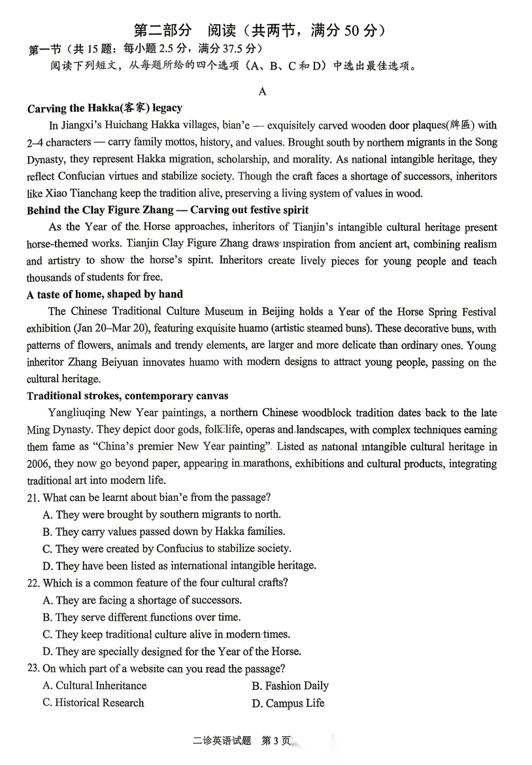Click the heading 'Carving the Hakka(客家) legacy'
105,108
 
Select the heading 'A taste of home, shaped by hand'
105,295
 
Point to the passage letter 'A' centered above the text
262,91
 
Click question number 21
33,498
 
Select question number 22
33,583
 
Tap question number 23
33,668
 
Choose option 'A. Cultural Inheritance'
94,686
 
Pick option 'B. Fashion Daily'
290,686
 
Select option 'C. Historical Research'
93,703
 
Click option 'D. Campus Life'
288,704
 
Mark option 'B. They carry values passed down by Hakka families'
163,532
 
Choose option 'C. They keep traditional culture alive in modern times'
166,634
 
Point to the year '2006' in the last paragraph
37,464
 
